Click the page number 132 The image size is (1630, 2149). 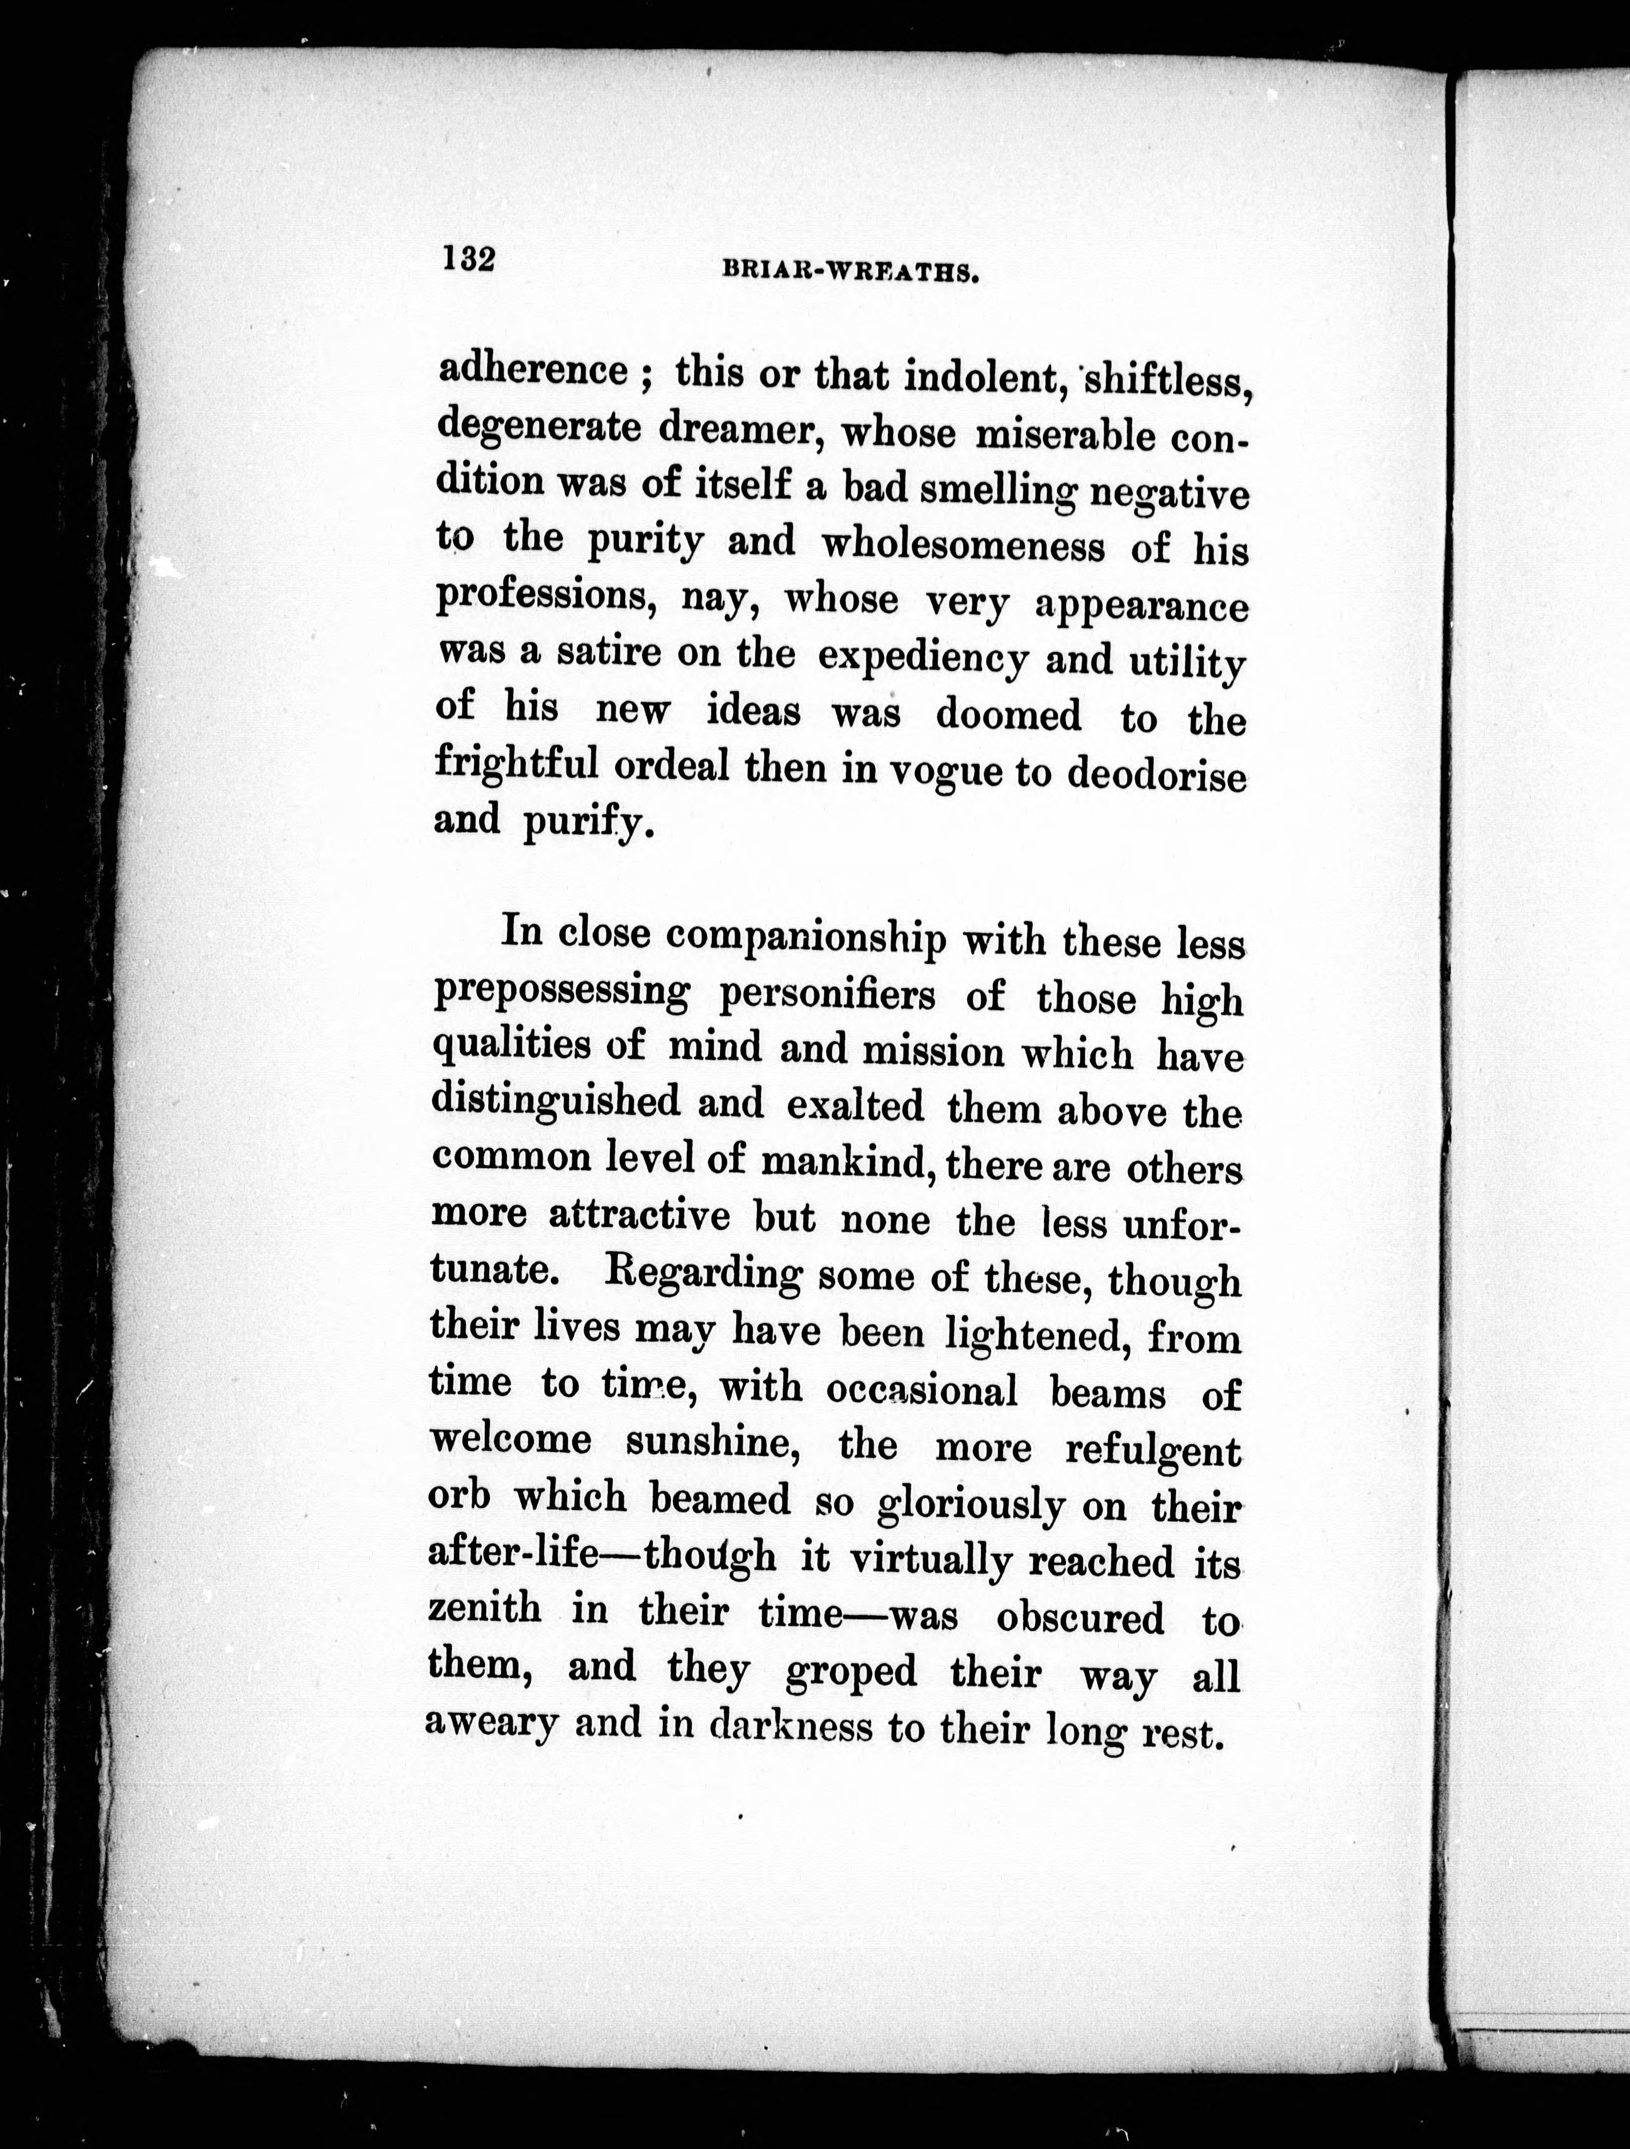click(x=469, y=259)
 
